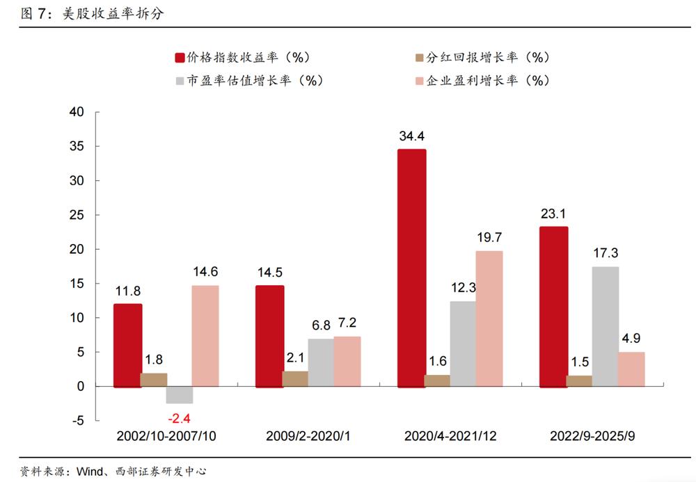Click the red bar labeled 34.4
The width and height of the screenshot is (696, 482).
[411, 268]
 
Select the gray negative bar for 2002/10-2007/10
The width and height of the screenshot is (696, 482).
[179, 394]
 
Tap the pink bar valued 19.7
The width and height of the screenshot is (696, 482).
[489, 318]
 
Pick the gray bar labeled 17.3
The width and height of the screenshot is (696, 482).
[604, 326]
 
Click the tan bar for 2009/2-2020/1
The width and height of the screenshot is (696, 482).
[294, 378]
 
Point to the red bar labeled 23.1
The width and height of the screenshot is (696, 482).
[553, 306]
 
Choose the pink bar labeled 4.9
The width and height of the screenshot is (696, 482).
[631, 369]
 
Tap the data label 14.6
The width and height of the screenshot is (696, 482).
[205, 272]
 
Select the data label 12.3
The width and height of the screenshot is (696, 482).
[463, 288]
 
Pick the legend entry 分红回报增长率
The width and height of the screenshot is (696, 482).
[482, 58]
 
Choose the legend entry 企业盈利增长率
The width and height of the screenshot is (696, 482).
[482, 80]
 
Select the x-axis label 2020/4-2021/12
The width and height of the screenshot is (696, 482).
[450, 436]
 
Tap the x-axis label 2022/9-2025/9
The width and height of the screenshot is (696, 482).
[592, 436]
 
